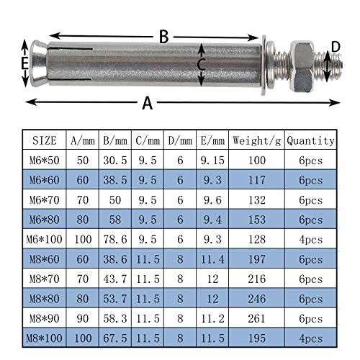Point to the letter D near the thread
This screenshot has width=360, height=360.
pos(335,48)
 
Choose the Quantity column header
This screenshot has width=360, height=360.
pos(310,140)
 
